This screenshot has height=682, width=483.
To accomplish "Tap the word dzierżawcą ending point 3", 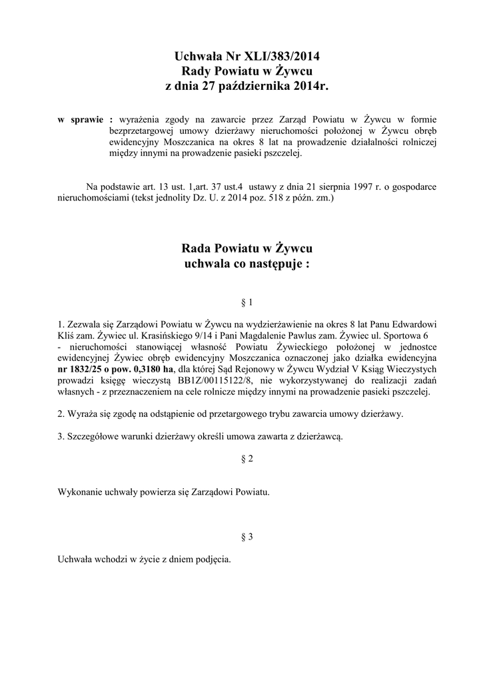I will [321, 436].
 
